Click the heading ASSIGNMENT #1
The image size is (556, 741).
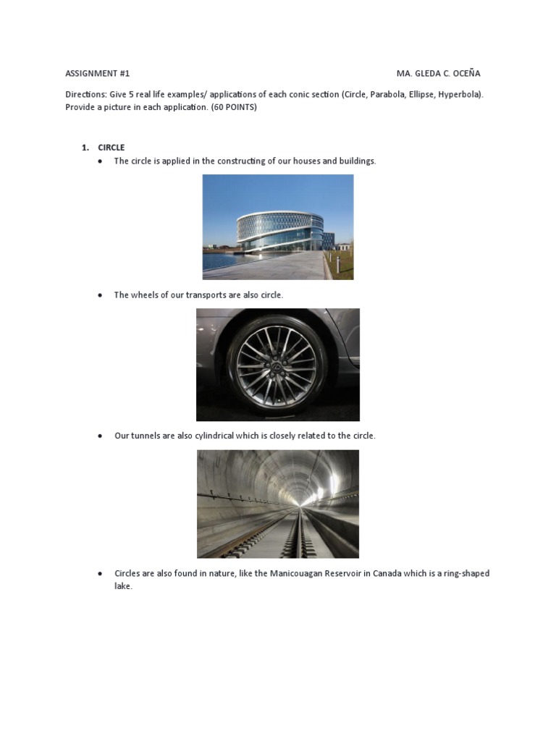98,74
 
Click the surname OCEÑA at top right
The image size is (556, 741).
464,74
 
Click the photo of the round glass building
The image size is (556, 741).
278,226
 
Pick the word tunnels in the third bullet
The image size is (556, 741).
146,436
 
